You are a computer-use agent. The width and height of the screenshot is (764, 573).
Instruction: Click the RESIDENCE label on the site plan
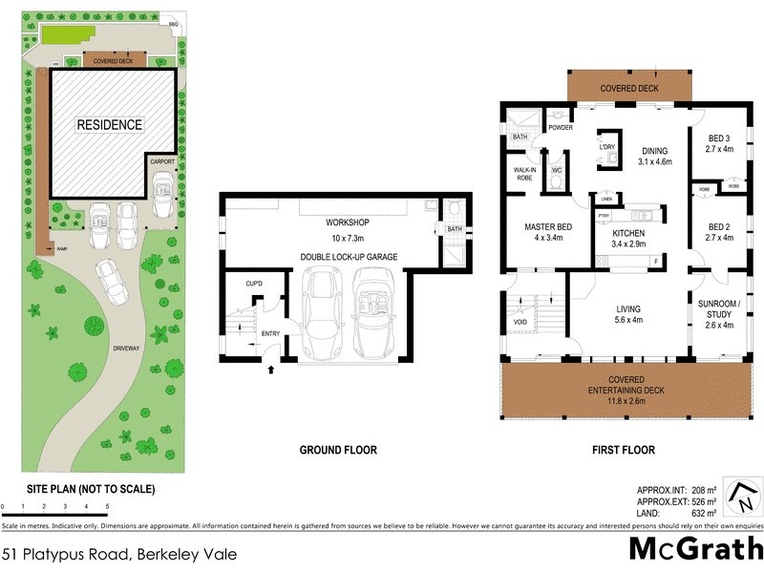(x=110, y=125)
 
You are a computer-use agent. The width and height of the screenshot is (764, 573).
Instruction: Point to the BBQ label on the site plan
(x=173, y=24)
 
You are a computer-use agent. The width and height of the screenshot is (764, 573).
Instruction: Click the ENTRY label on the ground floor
(x=269, y=332)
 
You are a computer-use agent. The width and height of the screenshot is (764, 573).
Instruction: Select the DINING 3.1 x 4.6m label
(x=654, y=157)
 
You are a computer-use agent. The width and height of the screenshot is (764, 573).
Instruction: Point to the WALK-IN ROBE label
(x=522, y=174)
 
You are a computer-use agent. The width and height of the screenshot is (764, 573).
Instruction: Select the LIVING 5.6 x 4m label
(x=627, y=315)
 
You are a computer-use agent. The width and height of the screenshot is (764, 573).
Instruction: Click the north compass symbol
(x=741, y=497)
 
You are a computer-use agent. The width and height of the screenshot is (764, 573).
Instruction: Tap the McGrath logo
(x=694, y=548)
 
